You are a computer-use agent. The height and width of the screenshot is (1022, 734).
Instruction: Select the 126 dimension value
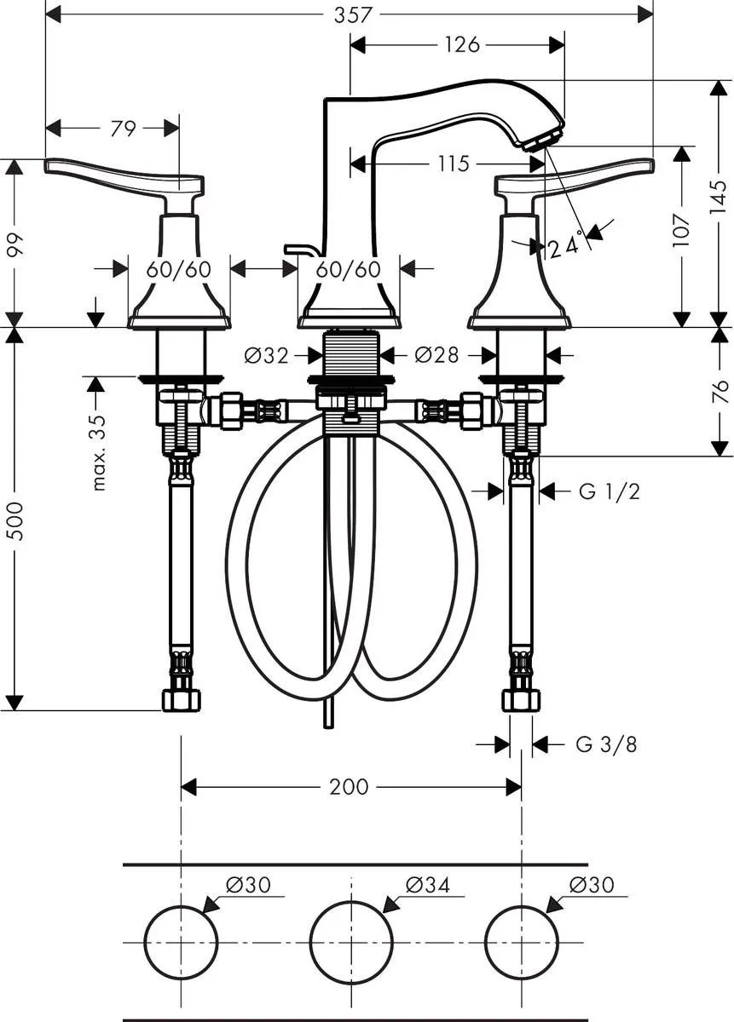point(461,44)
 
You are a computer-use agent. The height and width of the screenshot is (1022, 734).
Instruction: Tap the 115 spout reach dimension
point(454,163)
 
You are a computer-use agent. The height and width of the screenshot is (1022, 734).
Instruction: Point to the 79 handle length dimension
point(124,129)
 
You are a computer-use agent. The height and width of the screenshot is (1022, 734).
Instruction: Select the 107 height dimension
point(681,230)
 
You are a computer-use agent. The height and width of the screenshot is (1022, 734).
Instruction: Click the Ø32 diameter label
point(266,355)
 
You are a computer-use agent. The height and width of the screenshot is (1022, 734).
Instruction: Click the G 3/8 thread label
point(606,744)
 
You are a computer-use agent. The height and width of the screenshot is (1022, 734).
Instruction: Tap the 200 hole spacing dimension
point(350,787)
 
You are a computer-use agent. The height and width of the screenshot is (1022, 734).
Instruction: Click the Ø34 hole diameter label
point(428,886)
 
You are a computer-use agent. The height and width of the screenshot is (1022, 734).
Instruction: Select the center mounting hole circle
point(350,942)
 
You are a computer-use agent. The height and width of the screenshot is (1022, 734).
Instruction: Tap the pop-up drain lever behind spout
point(300,250)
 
